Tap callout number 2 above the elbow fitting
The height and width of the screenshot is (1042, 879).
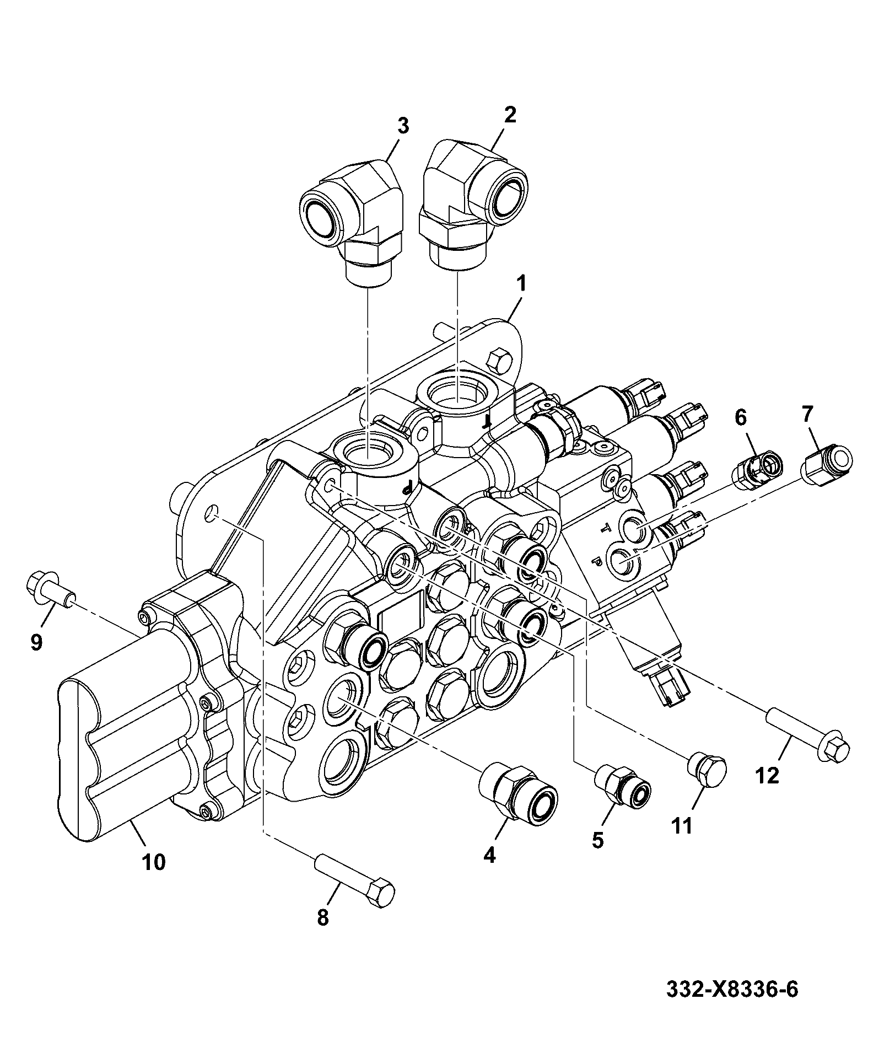point(509,115)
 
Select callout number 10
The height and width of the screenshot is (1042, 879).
point(154,862)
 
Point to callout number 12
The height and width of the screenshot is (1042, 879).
point(768,776)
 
